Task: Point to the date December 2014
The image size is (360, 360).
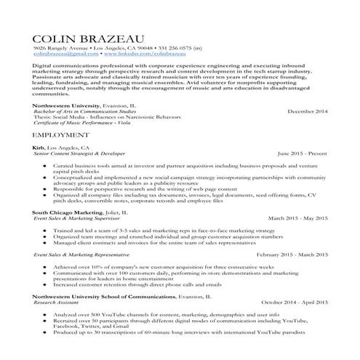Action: pos(308,111)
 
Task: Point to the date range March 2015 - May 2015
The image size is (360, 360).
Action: pos(297,217)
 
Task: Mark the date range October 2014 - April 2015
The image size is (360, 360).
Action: pos(295,303)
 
